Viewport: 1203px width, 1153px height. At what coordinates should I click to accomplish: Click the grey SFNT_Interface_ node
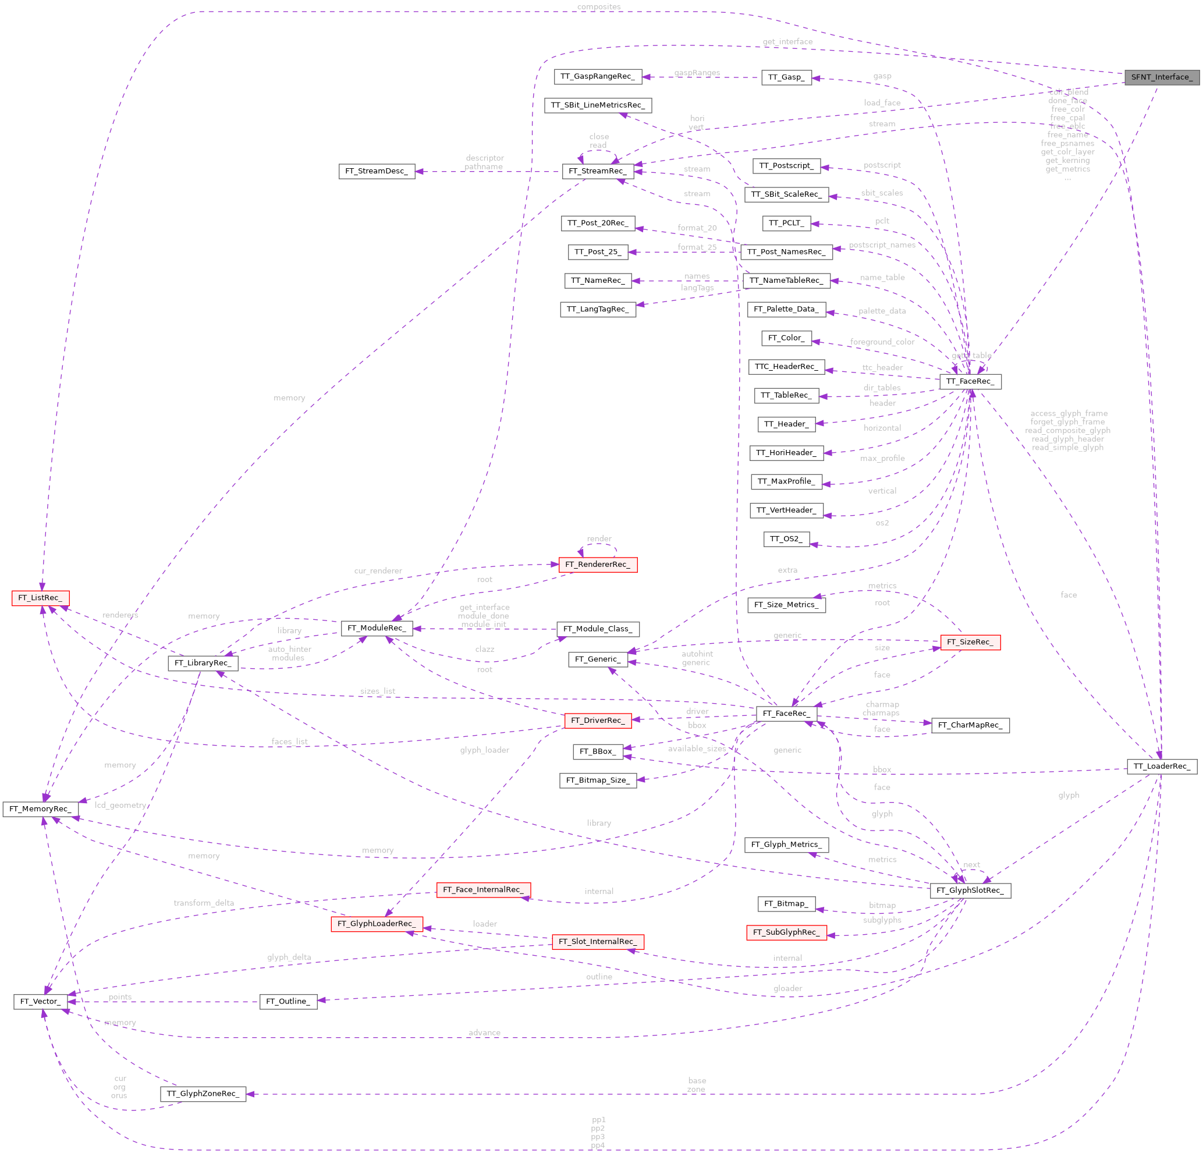(1161, 77)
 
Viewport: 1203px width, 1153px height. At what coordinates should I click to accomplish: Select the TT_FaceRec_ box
(970, 381)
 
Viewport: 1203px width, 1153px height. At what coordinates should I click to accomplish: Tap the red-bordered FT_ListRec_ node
(41, 597)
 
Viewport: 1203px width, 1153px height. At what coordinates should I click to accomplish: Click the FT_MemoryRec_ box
(41, 808)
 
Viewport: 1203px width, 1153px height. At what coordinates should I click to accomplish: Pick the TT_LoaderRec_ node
(1161, 765)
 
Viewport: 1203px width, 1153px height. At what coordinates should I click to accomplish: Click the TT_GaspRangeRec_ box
(597, 77)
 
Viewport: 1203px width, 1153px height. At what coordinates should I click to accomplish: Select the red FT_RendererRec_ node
(597, 564)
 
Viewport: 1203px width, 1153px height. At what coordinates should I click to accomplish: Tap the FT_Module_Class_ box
(597, 629)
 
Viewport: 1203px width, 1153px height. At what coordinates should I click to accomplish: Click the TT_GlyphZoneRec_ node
(203, 1094)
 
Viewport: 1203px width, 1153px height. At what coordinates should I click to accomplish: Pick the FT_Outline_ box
(288, 1001)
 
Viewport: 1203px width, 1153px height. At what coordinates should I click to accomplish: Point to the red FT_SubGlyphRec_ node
(786, 932)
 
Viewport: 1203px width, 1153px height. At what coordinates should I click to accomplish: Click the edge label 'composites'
(598, 7)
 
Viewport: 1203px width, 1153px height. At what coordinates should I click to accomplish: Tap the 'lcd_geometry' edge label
(120, 805)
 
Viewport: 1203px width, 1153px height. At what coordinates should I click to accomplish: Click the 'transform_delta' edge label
(204, 903)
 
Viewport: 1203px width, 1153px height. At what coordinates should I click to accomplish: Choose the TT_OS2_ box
(786, 538)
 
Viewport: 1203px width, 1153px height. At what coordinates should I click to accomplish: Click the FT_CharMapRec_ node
(970, 725)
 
